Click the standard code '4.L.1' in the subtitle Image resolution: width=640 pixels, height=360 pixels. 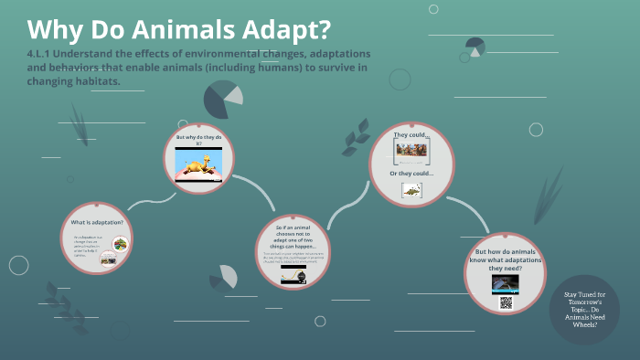tap(41, 53)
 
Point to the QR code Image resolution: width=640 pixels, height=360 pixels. tap(506, 302)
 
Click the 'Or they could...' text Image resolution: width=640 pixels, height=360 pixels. tap(411, 174)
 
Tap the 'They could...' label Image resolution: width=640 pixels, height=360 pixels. tap(411, 134)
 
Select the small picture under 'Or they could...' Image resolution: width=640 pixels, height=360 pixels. tap(411, 191)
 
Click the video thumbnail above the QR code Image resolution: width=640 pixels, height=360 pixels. tap(505, 283)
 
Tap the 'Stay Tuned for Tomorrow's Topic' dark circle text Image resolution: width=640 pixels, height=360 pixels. tap(584, 309)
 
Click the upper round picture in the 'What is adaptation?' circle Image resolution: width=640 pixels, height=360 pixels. tap(120, 243)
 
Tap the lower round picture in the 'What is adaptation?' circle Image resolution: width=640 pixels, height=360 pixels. tap(109, 259)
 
